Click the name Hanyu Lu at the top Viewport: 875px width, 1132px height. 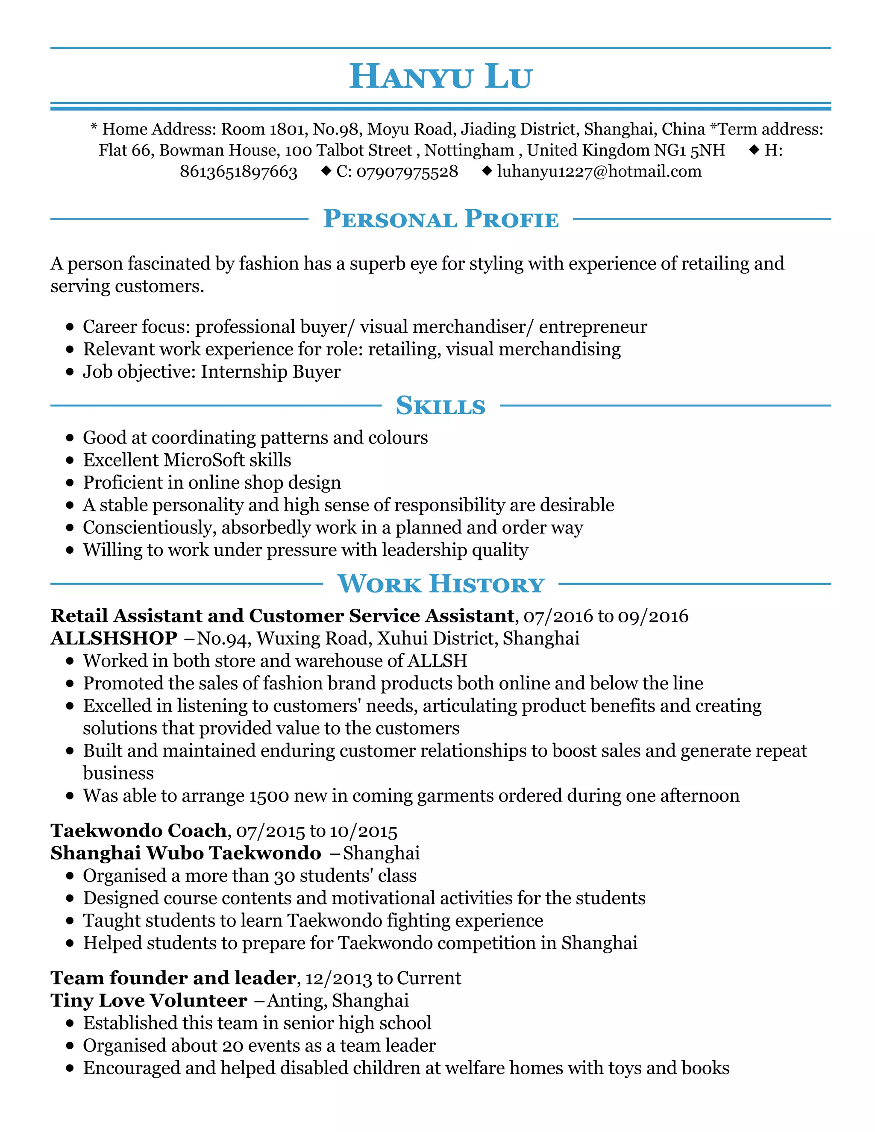440,77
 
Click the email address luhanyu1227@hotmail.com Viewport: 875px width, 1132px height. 599,172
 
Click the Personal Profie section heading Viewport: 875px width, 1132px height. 440,219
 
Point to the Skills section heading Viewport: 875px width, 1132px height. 440,406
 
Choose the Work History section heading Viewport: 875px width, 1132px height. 440,584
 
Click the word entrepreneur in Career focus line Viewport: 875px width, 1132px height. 593,327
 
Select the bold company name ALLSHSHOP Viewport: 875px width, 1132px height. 114,639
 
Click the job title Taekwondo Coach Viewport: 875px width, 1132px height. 139,831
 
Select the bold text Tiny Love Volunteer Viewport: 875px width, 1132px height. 149,1000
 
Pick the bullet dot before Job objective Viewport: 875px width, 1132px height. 70,372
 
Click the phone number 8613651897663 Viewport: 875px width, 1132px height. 238,172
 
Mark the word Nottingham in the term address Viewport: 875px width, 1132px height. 469,150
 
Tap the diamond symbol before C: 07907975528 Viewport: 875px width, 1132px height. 326,170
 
